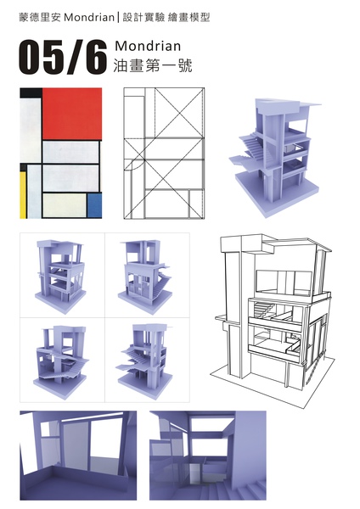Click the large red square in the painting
pyautogui.click(x=72, y=114)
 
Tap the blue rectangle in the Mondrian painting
pyautogui.click(x=94, y=205)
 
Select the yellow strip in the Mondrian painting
pyautogui.click(x=23, y=195)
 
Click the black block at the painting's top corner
pyautogui.click(x=31, y=92)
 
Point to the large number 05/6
pyautogui.click(x=63, y=58)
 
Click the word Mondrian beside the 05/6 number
pyautogui.click(x=148, y=46)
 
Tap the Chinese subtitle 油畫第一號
pyautogui.click(x=153, y=65)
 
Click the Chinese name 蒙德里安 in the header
pyautogui.click(x=40, y=17)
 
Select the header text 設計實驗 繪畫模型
pyautogui.click(x=166, y=17)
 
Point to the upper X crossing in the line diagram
pyautogui.click(x=180, y=113)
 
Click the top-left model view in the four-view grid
pyautogui.click(x=60, y=274)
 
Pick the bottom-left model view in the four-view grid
pyautogui.click(x=60, y=361)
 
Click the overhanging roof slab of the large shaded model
pyautogui.click(x=310, y=105)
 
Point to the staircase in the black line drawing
pyautogui.click(x=262, y=309)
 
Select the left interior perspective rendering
pyautogui.click(x=78, y=456)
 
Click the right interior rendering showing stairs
pyautogui.click(x=208, y=456)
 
